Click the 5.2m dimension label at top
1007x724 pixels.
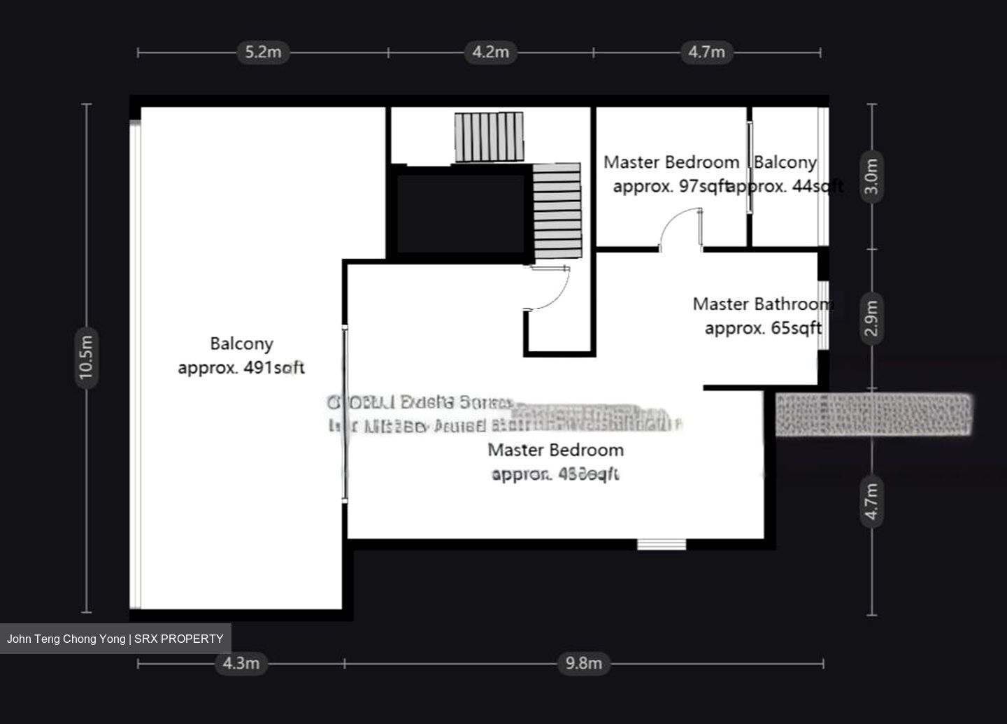(262, 52)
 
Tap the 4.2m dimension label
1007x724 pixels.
(490, 52)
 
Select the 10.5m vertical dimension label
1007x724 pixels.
(86, 358)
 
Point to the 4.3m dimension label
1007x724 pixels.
(241, 663)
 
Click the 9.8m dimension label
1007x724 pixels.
(583, 663)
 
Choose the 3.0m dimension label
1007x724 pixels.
(871, 178)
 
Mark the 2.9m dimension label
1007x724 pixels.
(871, 318)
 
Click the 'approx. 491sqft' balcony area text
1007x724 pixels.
(241, 368)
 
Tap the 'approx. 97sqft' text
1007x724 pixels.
(670, 187)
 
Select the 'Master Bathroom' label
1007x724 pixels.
(762, 304)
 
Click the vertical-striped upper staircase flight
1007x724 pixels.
(489, 137)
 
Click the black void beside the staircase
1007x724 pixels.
(460, 213)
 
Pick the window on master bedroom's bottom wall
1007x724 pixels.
(662, 544)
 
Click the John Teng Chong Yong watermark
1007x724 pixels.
(115, 639)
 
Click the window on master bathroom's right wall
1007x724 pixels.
(823, 315)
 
